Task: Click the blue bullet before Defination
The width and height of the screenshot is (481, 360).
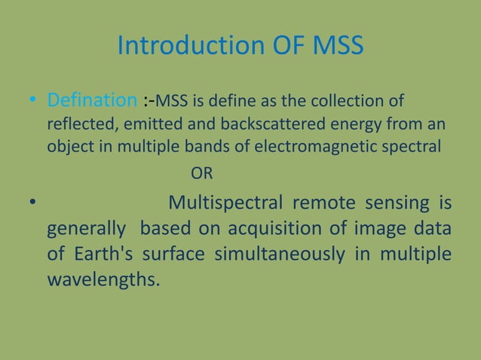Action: pos(32,101)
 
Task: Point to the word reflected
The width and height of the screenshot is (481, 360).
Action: pos(78,123)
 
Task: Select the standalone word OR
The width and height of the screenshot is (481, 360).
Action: pos(201,175)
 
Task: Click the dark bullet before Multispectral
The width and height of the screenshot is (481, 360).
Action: pos(32,204)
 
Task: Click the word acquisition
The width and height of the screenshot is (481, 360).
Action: pos(283,229)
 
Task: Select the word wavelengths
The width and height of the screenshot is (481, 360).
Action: pos(103,280)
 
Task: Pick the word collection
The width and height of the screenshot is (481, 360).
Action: pos(357,101)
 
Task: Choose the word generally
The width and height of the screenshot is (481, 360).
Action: pos(84,229)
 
